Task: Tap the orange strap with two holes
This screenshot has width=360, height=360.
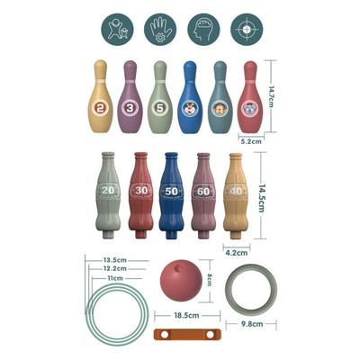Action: pos(187,335)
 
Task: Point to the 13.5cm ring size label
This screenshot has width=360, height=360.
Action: pos(113,259)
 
